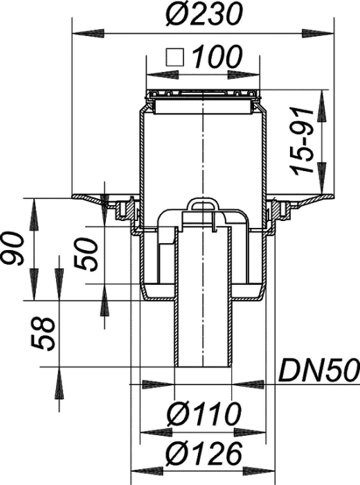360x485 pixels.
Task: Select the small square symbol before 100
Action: tap(175, 58)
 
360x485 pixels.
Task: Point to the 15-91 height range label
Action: tap(300, 141)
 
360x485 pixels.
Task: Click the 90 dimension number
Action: tap(13, 248)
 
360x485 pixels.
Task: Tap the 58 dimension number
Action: tap(43, 333)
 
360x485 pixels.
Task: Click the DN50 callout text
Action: tap(319, 370)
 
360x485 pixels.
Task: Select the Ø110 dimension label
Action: tap(204, 414)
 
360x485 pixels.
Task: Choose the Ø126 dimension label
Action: tap(204, 454)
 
